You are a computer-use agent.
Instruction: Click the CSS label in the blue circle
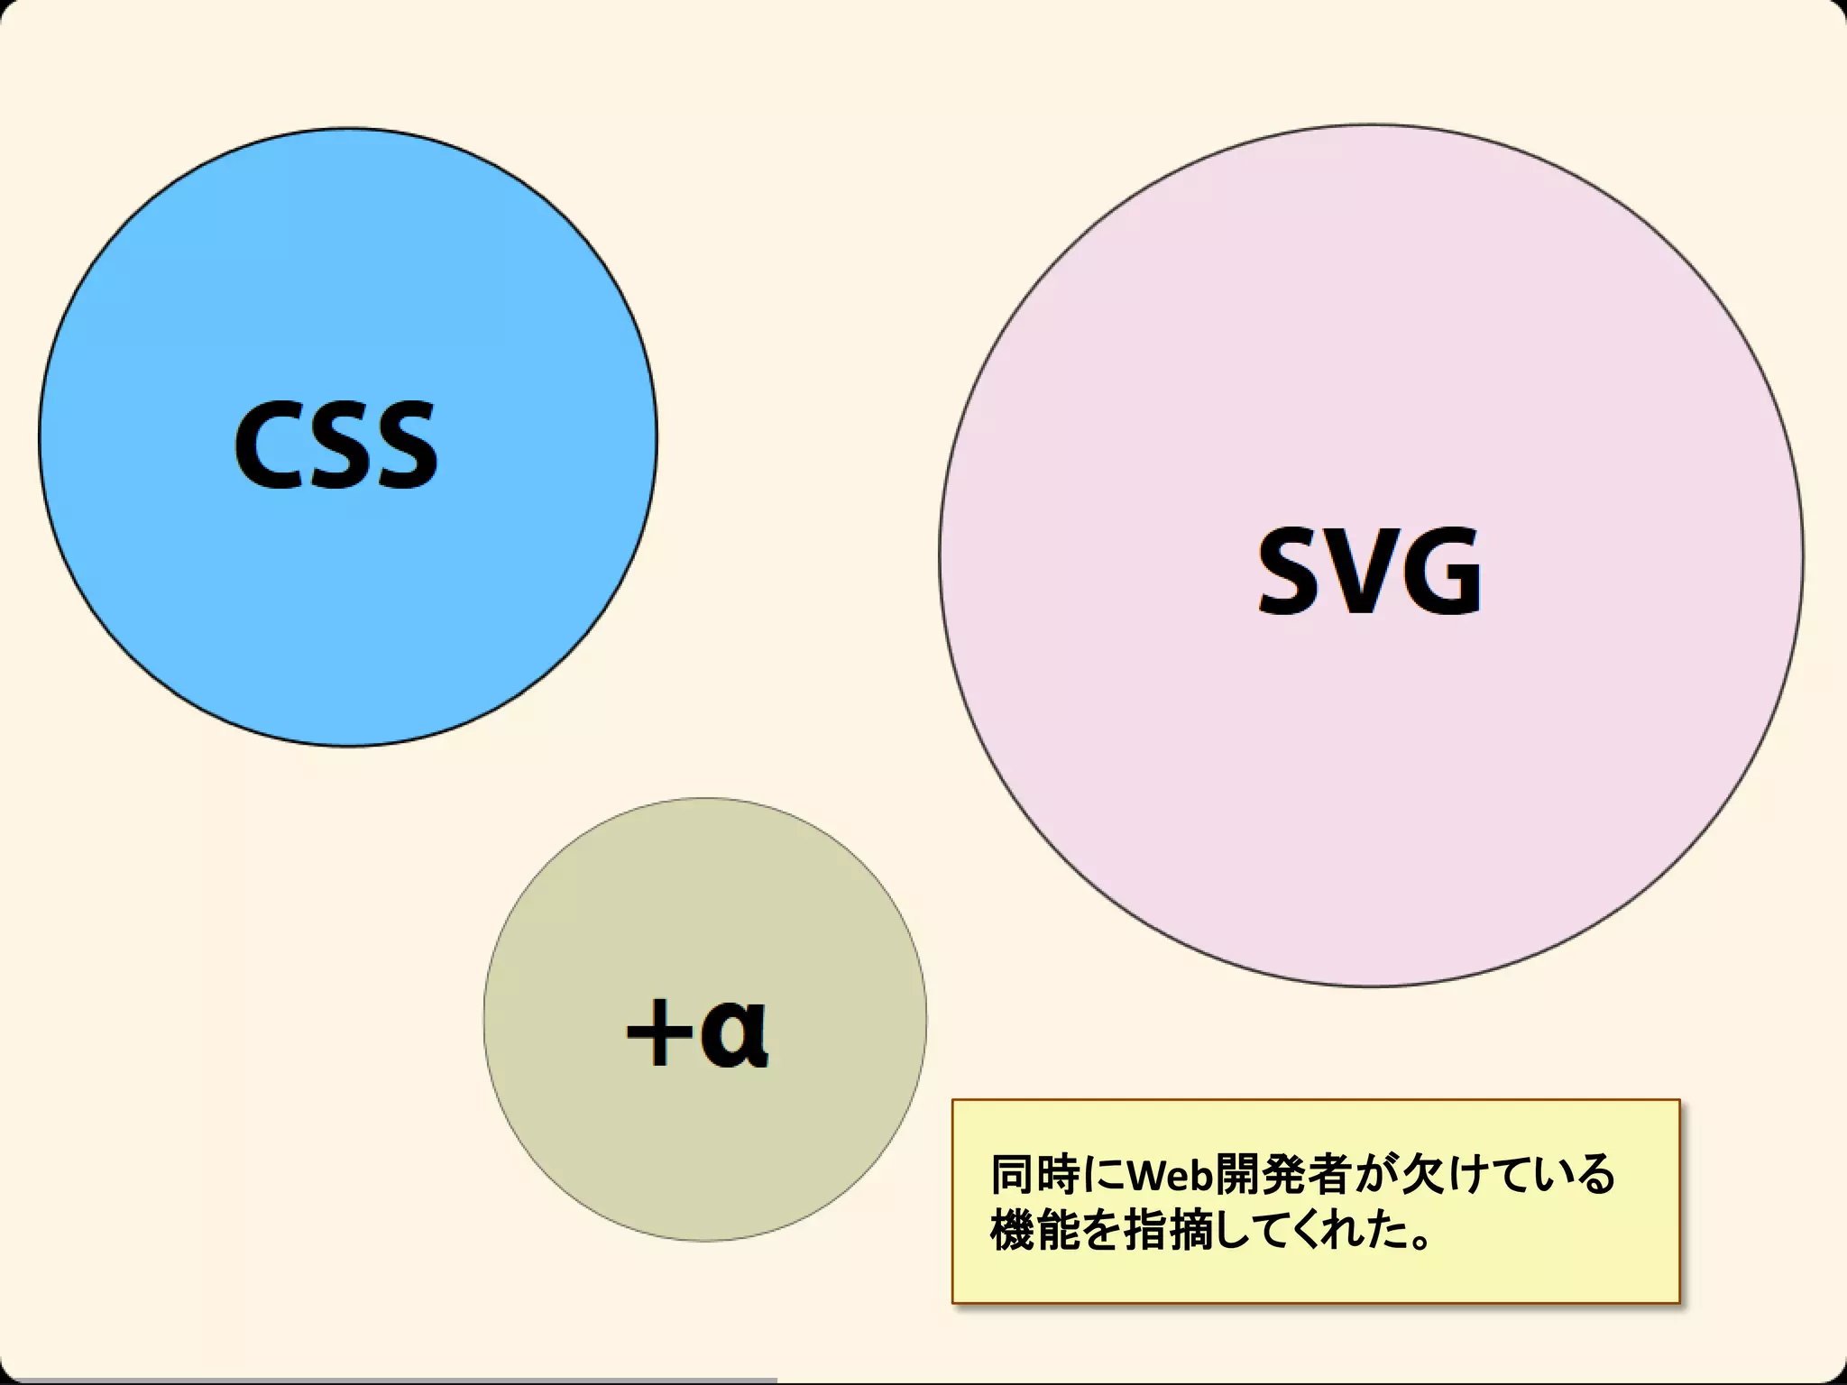[335, 445]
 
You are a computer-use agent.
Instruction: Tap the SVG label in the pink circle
[1369, 572]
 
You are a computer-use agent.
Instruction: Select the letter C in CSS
[270, 445]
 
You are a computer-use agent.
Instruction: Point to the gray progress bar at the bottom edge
[388, 1380]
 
